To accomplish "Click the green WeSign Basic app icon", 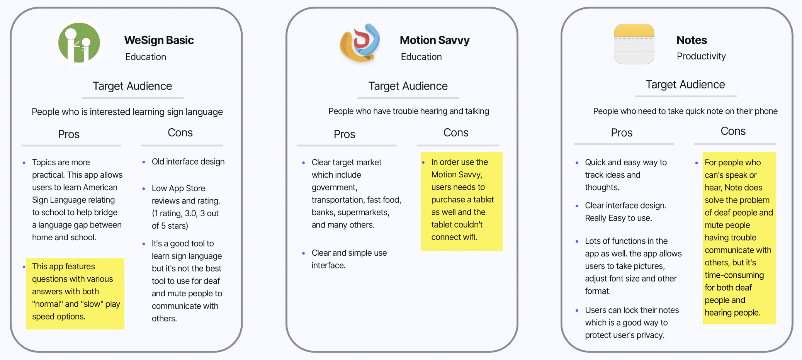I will click(79, 43).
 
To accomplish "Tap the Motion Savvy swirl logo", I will click(360, 43).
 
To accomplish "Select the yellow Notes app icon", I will click(634, 44).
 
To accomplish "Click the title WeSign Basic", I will click(159, 40).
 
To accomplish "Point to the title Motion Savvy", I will click(434, 40).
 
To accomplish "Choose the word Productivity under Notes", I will click(701, 56).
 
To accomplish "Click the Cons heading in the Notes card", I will click(733, 131).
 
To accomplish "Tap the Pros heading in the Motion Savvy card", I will click(344, 134).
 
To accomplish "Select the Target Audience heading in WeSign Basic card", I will click(132, 86).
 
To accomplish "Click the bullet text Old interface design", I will click(188, 162).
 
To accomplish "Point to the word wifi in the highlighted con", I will click(470, 237).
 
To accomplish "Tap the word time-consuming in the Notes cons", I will click(734, 275).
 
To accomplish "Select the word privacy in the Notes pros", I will click(650, 335).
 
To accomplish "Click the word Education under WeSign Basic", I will click(145, 57).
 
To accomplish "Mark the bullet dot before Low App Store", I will click(144, 189).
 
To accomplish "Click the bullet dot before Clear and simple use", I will click(304, 253).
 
